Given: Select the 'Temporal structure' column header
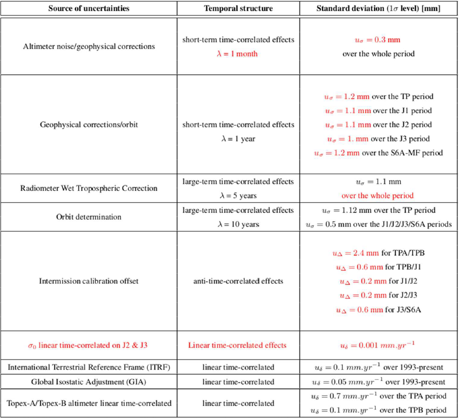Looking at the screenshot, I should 238,8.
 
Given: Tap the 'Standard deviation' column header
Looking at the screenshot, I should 378,8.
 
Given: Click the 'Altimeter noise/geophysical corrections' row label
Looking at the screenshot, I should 89,46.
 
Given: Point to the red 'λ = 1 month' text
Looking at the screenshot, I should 238,54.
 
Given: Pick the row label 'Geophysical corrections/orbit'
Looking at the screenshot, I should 89,125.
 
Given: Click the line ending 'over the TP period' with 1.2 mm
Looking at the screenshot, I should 378,97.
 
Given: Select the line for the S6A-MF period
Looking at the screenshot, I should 378,153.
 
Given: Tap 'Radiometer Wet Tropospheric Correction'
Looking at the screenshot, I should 89,188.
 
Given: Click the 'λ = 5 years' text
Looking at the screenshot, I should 238,196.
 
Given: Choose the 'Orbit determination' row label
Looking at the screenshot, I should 89,217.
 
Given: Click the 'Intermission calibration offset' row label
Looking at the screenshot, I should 89,281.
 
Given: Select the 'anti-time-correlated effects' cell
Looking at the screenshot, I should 238,281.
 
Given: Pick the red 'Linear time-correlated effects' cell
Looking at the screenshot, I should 238,345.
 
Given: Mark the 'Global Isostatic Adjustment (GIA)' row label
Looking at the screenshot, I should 89,382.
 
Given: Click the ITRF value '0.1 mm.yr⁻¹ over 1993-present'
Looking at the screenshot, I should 378,367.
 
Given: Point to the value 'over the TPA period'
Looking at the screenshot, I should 378,396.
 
